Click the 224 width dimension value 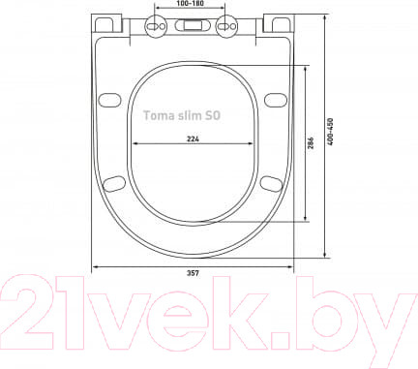coord(193,138)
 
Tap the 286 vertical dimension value coord(311,143)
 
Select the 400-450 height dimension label coord(330,132)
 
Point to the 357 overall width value coord(193,273)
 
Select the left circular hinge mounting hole coord(156,26)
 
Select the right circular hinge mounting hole coord(226,26)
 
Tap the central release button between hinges coord(192,25)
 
